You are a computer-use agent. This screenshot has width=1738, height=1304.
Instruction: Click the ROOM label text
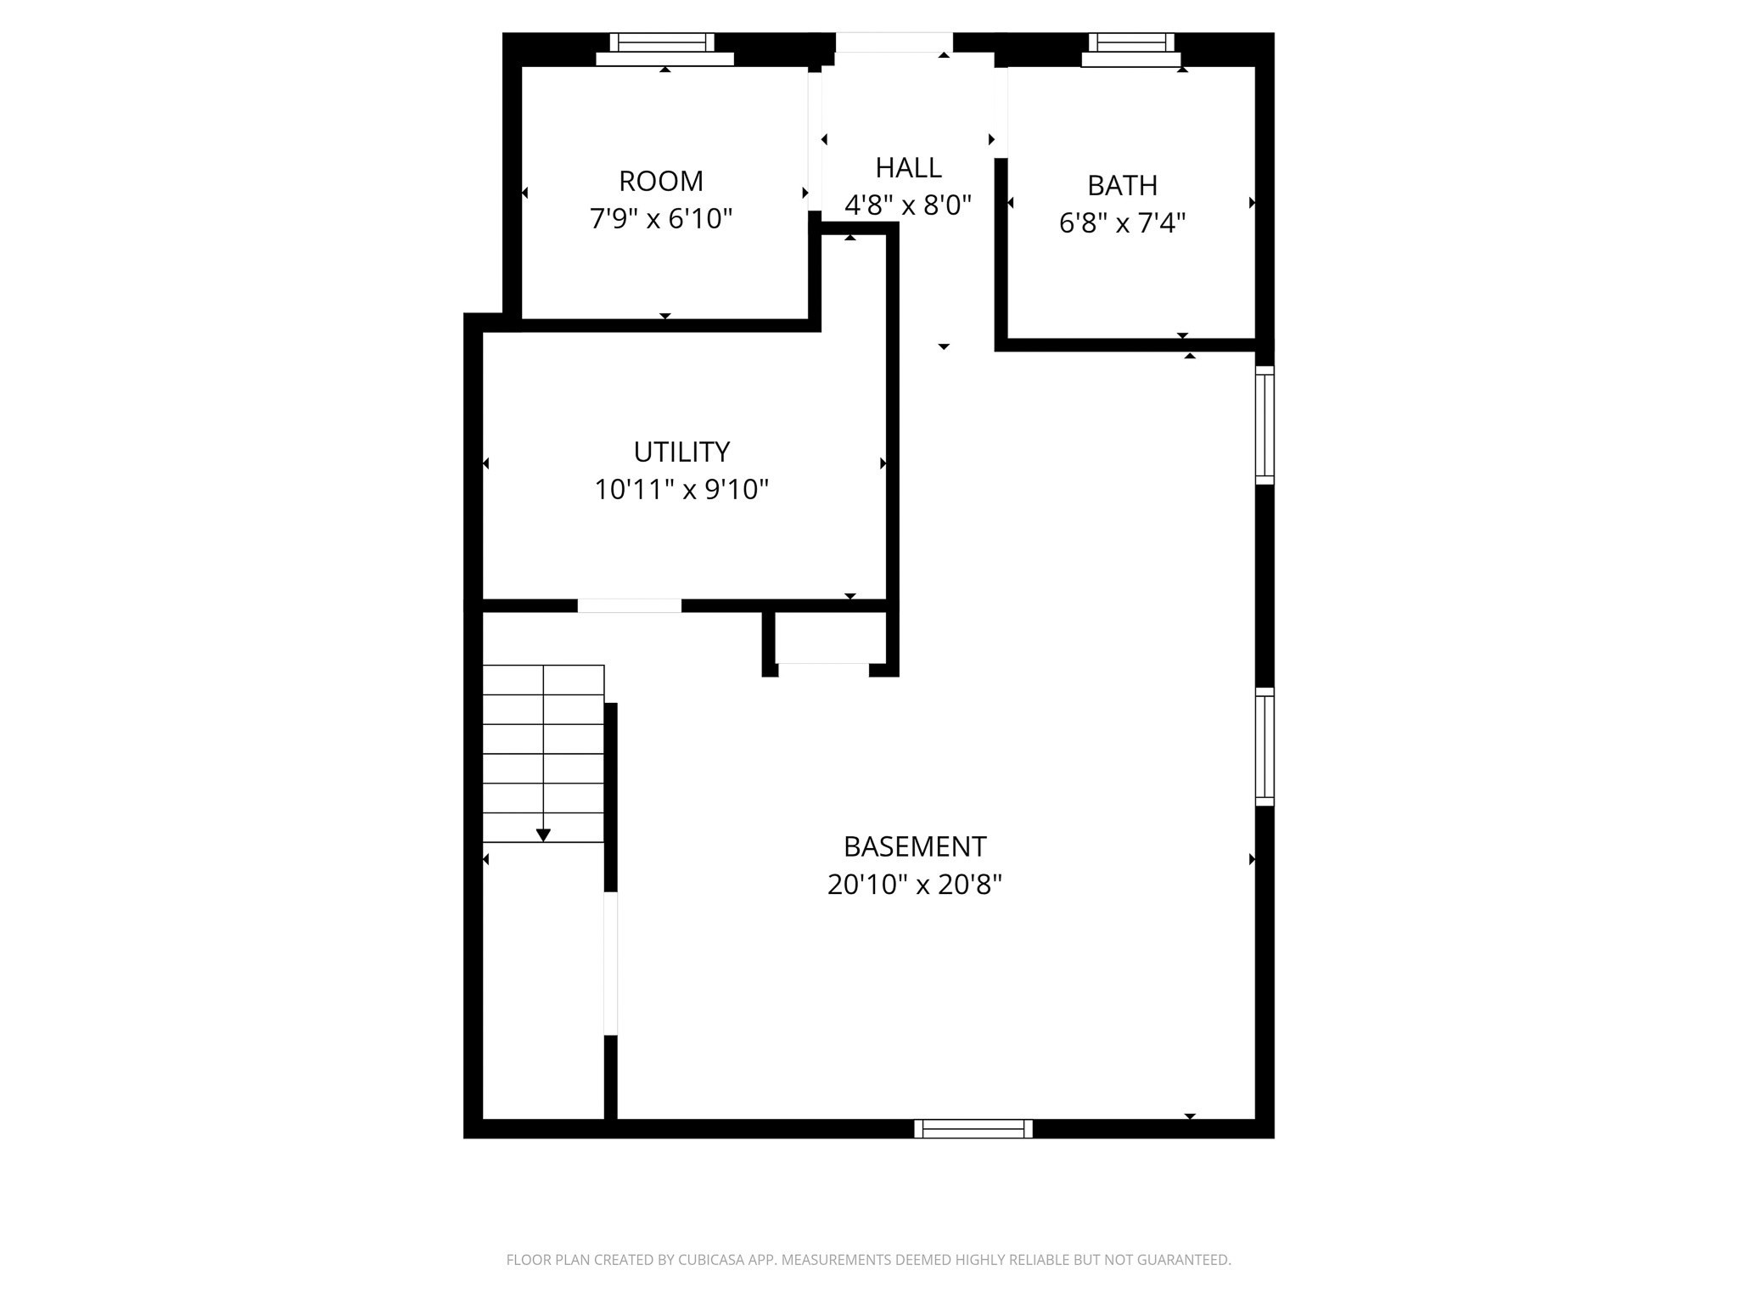coord(660,182)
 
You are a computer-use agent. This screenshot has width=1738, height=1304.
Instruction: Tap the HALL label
coord(908,168)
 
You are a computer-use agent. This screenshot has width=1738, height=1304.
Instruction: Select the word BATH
coord(1122,185)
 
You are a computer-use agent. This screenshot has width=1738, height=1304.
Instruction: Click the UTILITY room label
coord(681,452)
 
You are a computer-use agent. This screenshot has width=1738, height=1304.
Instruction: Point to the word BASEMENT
coord(914,846)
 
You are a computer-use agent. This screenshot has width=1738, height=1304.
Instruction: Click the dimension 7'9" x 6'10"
coord(660,219)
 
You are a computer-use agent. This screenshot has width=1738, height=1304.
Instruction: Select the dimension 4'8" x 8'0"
coord(908,205)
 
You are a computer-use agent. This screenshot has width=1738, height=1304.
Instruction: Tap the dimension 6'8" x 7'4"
coord(1122,223)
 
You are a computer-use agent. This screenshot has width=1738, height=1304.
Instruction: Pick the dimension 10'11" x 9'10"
coord(681,490)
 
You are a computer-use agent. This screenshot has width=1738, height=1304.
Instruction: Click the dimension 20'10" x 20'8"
coord(914,885)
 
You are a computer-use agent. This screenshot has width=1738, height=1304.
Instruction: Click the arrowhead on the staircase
coord(543,835)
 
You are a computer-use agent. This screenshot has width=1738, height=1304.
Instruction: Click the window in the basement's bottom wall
coord(973,1128)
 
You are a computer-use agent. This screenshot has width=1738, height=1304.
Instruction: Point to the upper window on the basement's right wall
coord(1264,425)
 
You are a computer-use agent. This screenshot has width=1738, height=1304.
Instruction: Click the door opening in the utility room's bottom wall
coord(629,605)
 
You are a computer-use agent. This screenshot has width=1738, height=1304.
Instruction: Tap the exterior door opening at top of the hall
coord(894,42)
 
